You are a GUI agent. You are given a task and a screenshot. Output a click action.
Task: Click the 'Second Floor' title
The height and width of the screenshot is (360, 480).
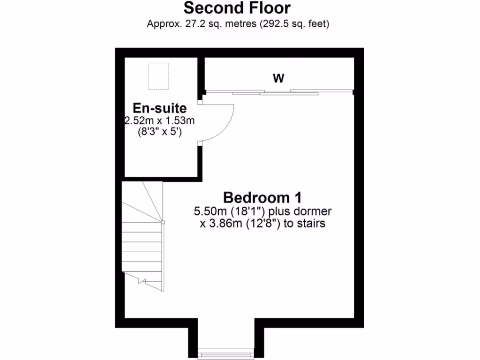[237, 8]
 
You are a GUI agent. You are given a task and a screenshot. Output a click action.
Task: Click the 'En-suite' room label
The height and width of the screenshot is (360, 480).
[159, 108]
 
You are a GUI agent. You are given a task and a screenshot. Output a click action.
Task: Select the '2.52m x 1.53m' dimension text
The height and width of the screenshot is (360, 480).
[159, 121]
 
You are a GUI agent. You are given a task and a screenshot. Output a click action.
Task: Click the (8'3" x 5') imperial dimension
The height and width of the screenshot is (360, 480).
[159, 133]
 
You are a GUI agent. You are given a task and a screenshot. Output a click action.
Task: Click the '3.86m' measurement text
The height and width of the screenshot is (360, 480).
[225, 224]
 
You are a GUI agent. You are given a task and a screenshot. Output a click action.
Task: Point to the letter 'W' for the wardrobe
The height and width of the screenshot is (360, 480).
[279, 78]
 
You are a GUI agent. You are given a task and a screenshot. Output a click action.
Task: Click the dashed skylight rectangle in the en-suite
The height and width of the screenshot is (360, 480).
[158, 76]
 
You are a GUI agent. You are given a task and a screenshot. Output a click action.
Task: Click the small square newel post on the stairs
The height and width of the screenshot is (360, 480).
[163, 222]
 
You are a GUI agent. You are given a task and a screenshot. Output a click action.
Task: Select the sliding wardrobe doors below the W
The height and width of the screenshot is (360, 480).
[279, 92]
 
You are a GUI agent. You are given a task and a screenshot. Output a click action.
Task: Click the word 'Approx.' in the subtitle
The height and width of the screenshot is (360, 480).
[162, 23]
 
